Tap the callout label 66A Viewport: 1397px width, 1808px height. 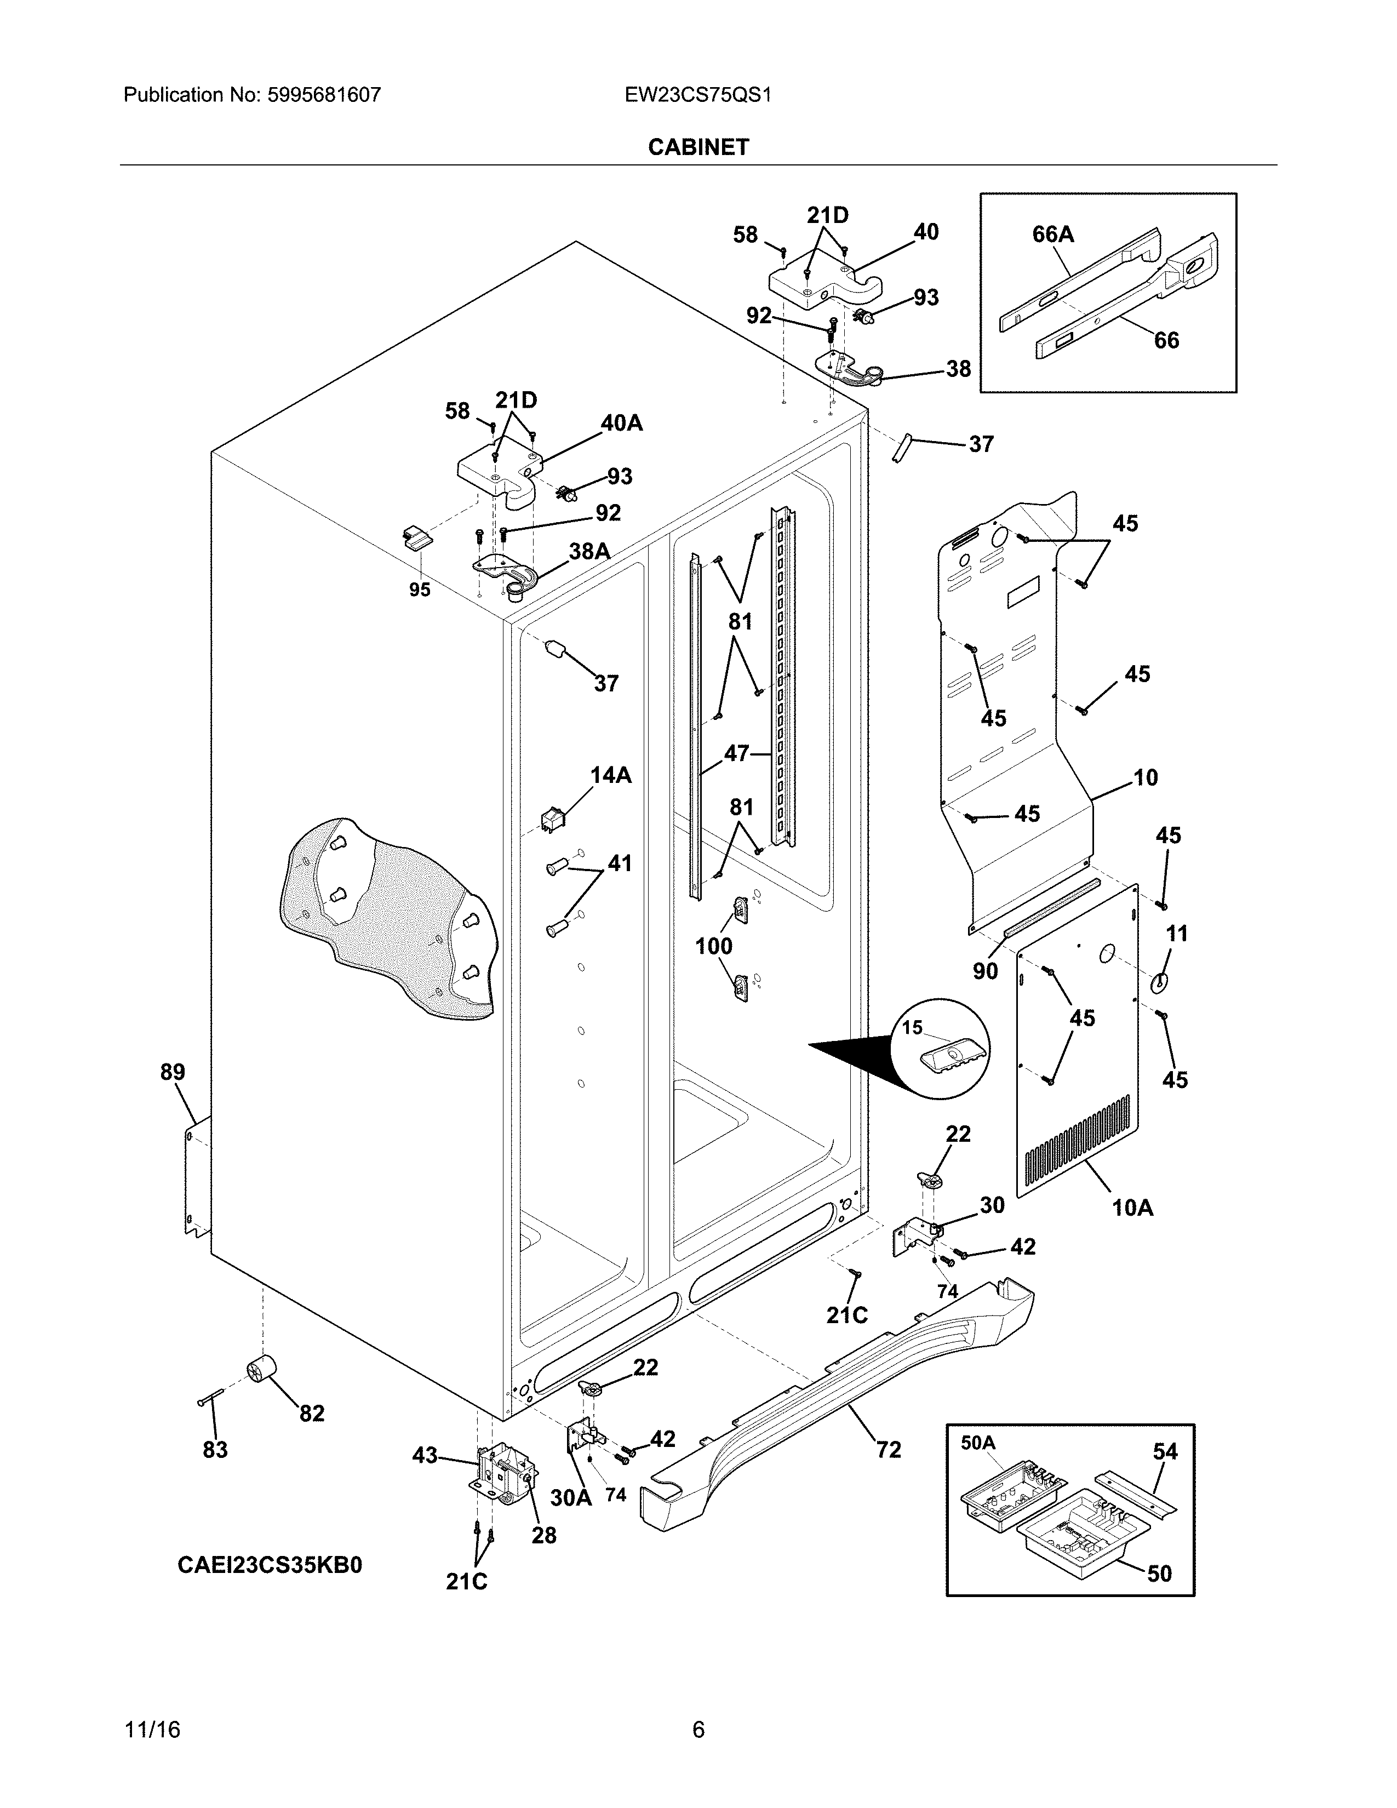coord(1053,235)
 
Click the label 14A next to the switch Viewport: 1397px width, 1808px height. coord(611,776)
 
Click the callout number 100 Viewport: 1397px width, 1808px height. coord(713,946)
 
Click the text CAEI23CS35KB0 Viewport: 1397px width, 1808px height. coord(269,1565)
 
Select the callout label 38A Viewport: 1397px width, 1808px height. coord(589,551)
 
